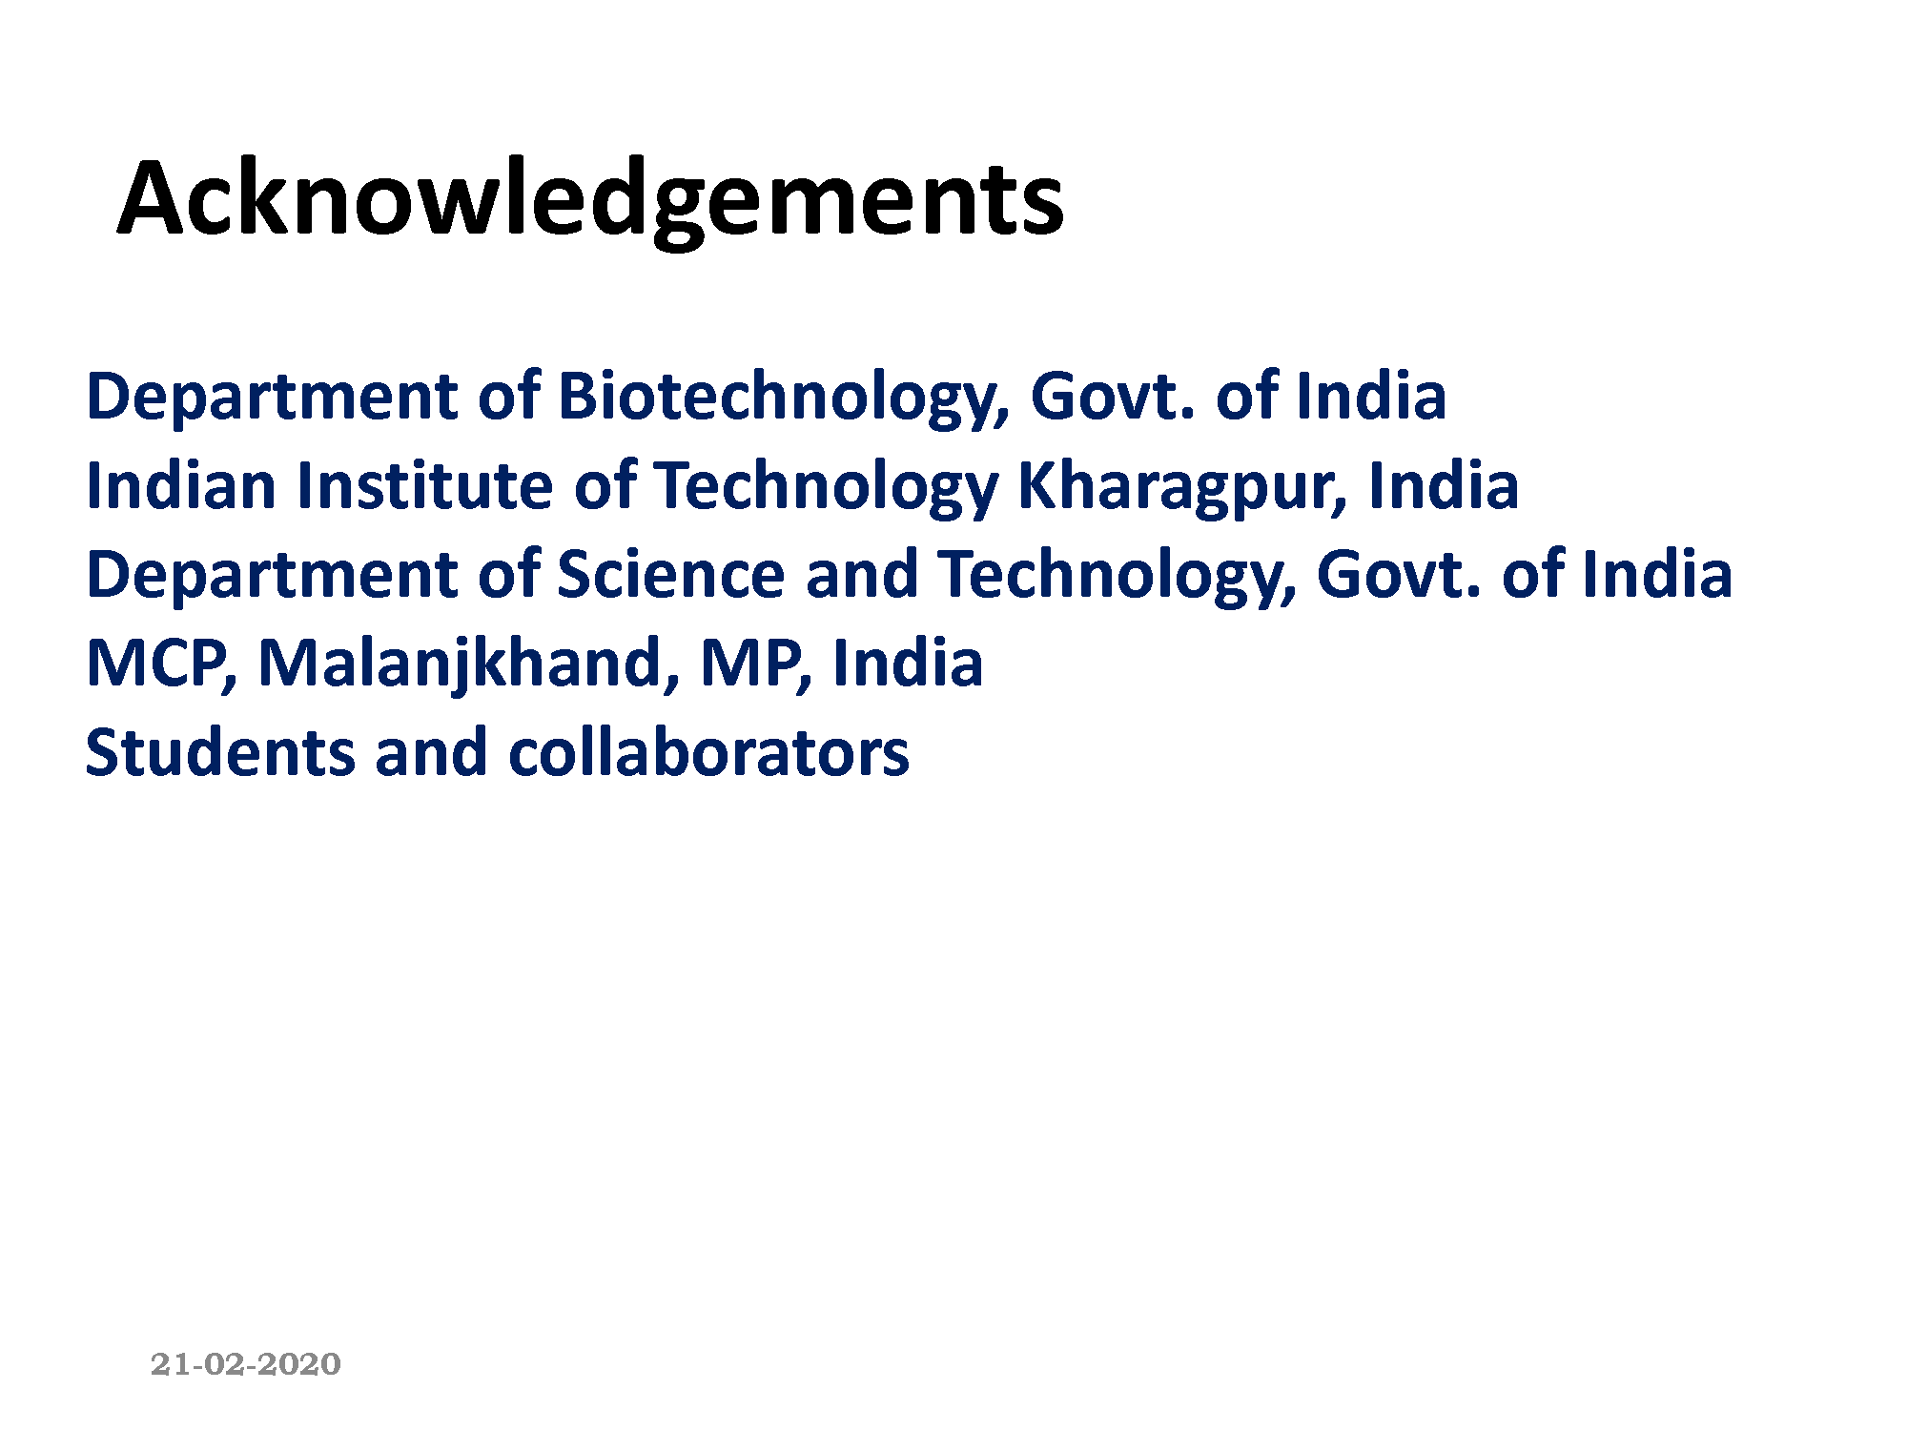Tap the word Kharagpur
pyautogui.click(x=1183, y=487)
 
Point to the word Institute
pyautogui.click(x=424, y=485)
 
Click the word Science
pyautogui.click(x=670, y=575)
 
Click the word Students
pyautogui.click(x=218, y=752)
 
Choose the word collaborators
pyautogui.click(x=708, y=752)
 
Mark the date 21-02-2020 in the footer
pyautogui.click(x=246, y=1364)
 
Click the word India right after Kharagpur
pyautogui.click(x=1444, y=485)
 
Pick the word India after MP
pyautogui.click(x=908, y=664)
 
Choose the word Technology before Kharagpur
pyautogui.click(x=826, y=487)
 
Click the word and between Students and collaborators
pyautogui.click(x=430, y=752)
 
